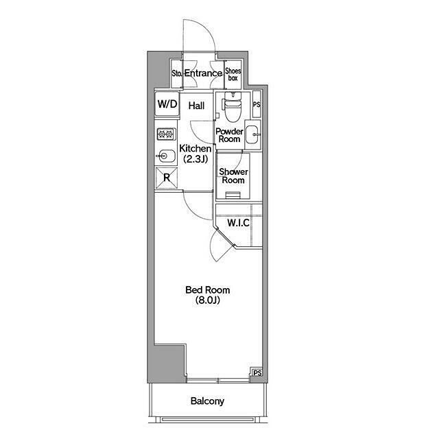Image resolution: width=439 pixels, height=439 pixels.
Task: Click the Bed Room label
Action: (207, 289)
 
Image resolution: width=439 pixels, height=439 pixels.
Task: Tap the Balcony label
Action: (207, 401)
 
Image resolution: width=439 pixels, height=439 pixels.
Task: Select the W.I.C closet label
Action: (238, 223)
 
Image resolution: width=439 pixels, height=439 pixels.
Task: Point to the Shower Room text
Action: (233, 176)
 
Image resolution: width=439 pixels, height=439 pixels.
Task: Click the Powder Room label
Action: (229, 135)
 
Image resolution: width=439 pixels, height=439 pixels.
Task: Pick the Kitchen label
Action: (195, 148)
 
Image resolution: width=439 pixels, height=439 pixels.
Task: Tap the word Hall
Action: (196, 106)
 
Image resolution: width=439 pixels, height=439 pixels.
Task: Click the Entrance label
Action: (203, 73)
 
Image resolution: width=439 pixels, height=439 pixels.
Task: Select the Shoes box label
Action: (233, 75)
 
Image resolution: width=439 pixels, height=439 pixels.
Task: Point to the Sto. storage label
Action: (177, 73)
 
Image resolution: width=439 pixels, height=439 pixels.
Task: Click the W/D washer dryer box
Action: (167, 104)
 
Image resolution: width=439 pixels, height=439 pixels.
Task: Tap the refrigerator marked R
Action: (167, 178)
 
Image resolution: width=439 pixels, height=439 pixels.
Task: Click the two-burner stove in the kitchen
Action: (167, 134)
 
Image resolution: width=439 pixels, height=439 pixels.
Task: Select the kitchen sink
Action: (166, 155)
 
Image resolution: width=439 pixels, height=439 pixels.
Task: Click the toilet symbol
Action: (233, 106)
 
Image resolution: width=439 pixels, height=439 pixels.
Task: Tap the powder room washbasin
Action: (253, 134)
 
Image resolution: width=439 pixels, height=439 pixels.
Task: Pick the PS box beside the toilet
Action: (257, 104)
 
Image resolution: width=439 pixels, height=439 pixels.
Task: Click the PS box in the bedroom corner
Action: (257, 372)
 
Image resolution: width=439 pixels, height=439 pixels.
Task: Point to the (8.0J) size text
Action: (207, 300)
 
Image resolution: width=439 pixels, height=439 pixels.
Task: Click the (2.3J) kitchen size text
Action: (195, 159)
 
